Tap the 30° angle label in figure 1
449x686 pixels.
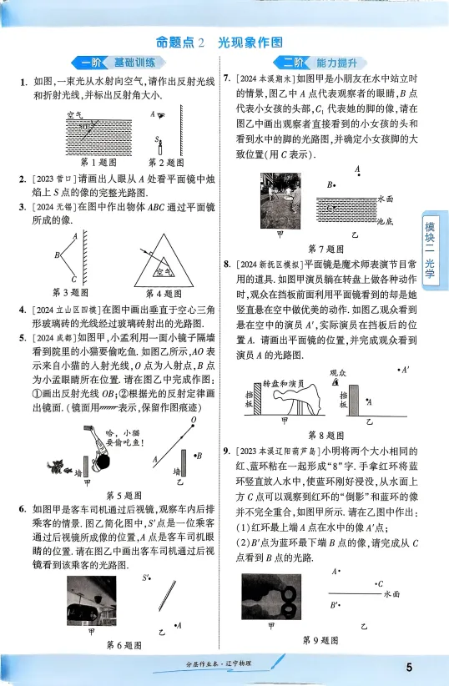pyautogui.click(x=83, y=126)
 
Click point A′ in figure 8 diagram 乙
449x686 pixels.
pyautogui.click(x=405, y=369)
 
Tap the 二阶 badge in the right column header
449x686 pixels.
pyautogui.click(x=290, y=63)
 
